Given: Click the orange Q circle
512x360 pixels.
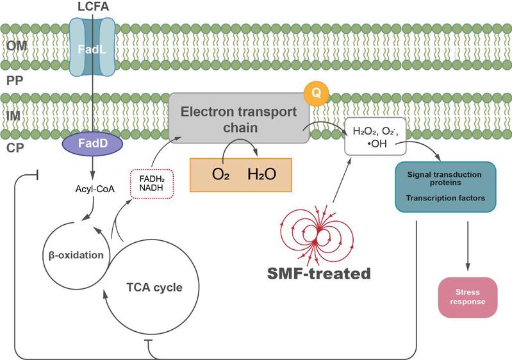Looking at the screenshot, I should [315, 94].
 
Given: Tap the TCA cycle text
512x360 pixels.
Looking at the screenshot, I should [154, 287].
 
